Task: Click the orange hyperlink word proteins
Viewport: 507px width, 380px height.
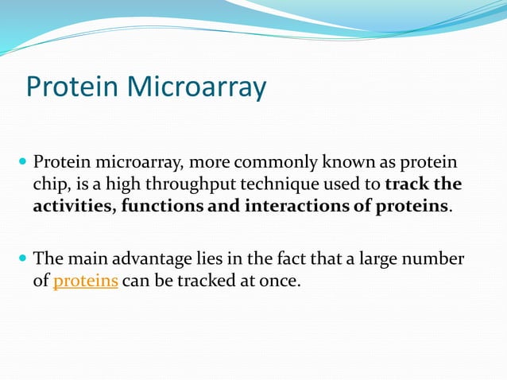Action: (86, 281)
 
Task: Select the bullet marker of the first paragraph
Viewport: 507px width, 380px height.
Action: (22, 163)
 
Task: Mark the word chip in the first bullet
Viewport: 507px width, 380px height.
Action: (47, 185)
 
